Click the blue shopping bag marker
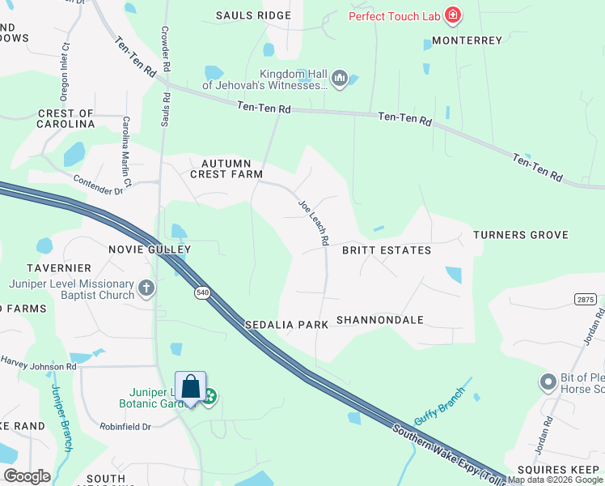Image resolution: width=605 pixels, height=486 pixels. click(191, 387)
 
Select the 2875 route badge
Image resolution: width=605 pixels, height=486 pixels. click(586, 299)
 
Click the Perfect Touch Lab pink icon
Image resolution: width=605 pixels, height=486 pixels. click(453, 15)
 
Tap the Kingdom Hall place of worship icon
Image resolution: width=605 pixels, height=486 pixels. click(339, 79)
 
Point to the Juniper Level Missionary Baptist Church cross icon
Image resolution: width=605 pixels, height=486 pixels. click(146, 287)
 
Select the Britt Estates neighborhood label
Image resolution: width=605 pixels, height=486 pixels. click(386, 250)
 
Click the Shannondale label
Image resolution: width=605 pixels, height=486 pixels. click(379, 320)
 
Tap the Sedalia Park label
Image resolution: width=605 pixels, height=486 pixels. click(286, 324)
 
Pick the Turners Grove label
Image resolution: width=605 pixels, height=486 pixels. click(520, 235)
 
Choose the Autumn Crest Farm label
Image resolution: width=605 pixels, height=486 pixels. click(226, 168)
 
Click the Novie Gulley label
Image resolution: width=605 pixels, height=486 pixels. click(150, 249)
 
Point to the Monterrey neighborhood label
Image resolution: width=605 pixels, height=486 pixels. click(467, 40)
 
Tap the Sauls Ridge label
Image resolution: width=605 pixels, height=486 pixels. click(253, 15)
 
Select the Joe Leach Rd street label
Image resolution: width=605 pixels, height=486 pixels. click(313, 223)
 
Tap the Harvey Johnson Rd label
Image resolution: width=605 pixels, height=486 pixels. click(38, 363)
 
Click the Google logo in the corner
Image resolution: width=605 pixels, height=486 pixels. click(27, 476)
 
